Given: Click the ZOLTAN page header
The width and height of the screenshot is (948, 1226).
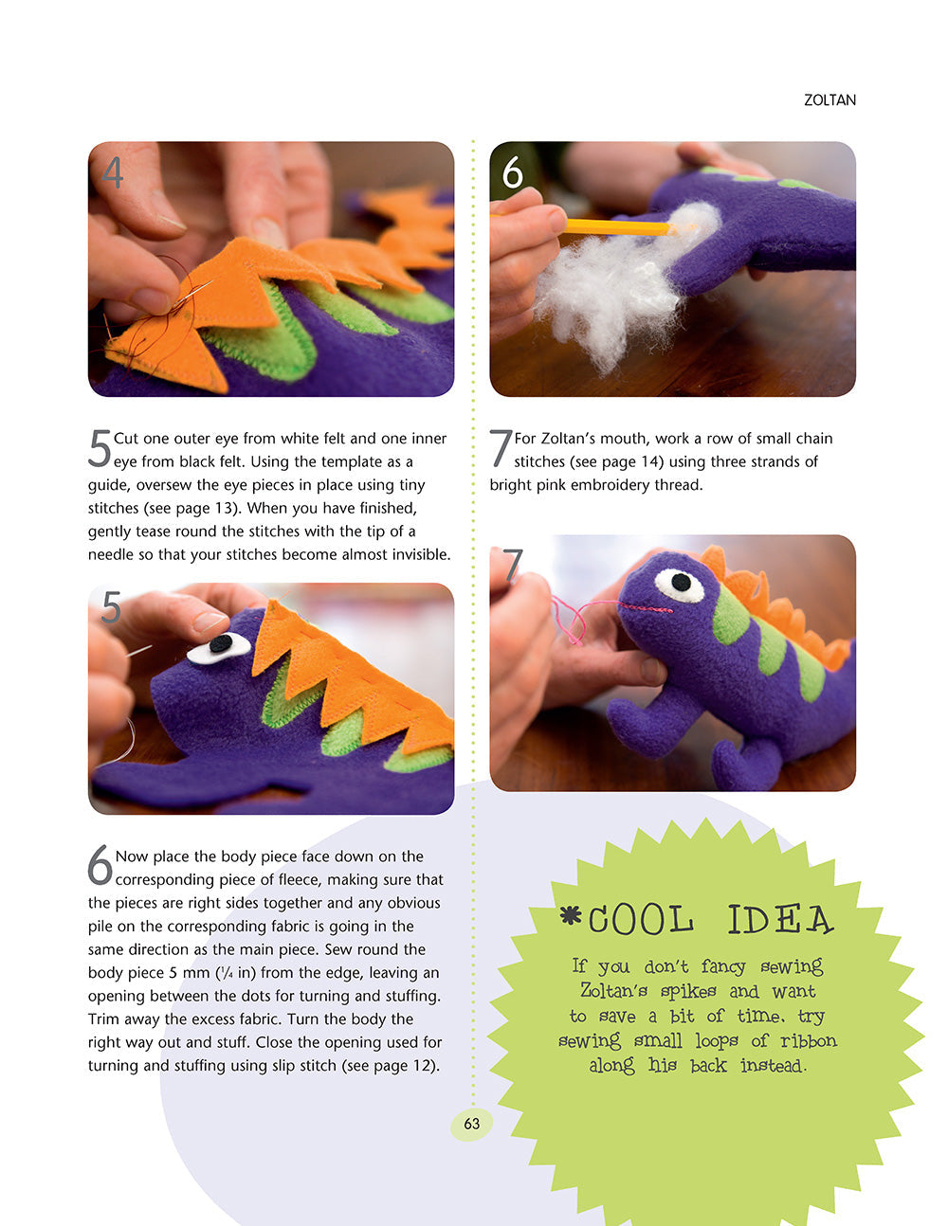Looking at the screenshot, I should [x=829, y=99].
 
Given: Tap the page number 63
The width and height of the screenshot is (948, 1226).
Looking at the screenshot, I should [x=471, y=1124].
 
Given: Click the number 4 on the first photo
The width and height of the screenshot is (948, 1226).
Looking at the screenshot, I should [x=113, y=172].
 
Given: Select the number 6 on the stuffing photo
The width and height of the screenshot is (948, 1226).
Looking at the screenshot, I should [x=513, y=172].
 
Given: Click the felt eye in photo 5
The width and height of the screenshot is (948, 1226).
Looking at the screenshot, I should [x=220, y=646].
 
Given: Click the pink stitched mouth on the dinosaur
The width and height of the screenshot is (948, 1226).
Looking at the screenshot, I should [x=645, y=607].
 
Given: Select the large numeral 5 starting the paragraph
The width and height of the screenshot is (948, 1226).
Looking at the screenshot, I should [x=100, y=449].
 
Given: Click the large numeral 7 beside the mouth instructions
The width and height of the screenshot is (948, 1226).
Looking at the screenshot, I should [x=501, y=449].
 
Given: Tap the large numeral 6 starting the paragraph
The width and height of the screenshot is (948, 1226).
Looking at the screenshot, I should [x=100, y=866].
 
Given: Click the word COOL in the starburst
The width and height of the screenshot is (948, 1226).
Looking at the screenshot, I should [x=640, y=920].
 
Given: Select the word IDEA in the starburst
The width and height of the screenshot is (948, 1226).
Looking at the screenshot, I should [x=779, y=920].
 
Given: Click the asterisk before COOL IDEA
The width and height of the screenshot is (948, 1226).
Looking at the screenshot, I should [x=569, y=915].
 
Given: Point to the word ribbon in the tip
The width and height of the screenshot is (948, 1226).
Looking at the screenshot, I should [x=808, y=1040].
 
